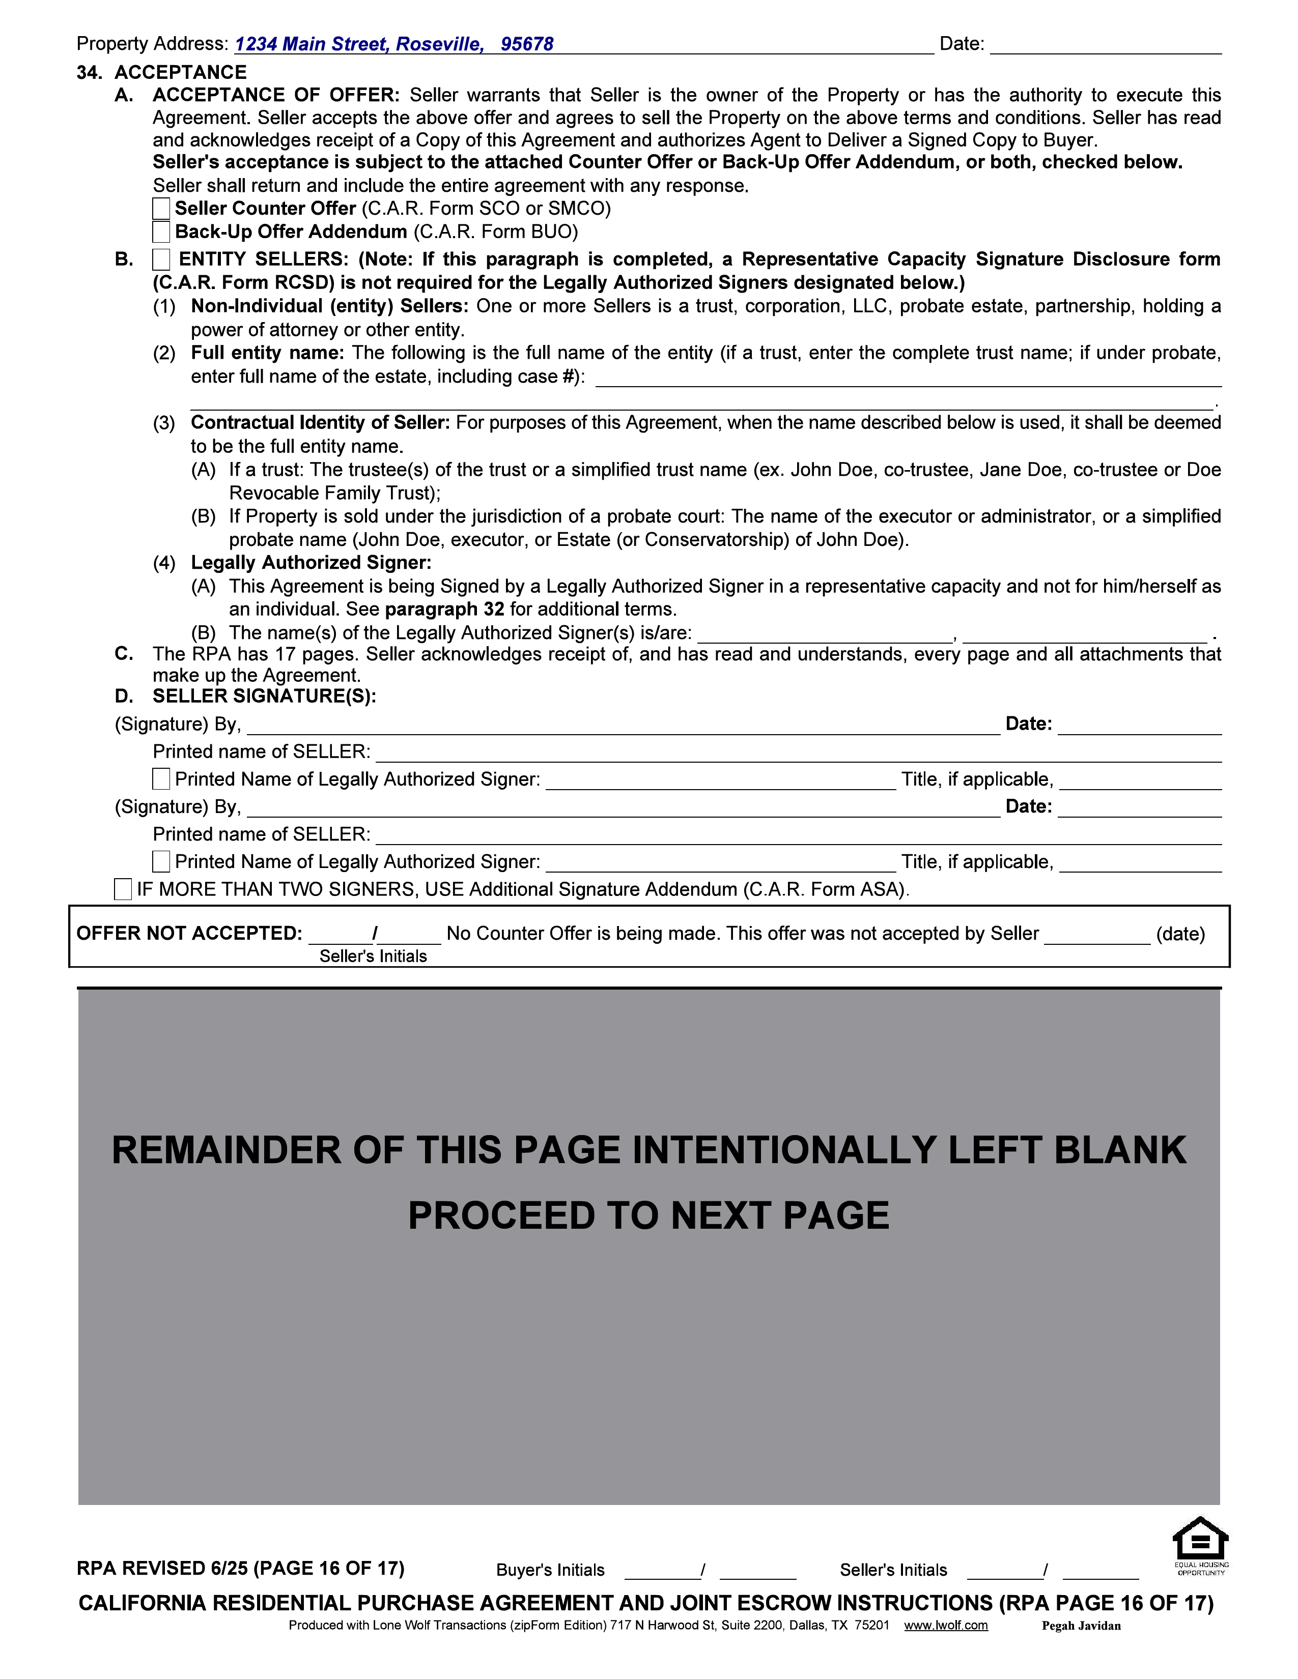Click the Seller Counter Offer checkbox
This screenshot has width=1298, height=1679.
(x=161, y=208)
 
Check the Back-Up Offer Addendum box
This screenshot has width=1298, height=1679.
(x=161, y=231)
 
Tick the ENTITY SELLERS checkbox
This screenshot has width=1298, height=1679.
(x=161, y=260)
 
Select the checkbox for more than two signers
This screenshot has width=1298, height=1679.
(x=123, y=889)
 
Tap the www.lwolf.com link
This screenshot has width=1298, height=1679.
(x=945, y=1625)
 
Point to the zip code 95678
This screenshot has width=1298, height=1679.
(x=527, y=45)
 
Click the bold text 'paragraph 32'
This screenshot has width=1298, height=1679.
(x=444, y=610)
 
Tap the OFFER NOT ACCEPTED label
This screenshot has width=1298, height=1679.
(x=189, y=933)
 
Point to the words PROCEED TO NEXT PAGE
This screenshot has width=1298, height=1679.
(x=648, y=1216)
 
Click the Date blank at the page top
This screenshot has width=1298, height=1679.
(x=1105, y=45)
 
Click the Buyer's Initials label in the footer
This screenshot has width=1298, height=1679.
(x=551, y=1570)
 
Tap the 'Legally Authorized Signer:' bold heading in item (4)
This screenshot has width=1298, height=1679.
(x=312, y=563)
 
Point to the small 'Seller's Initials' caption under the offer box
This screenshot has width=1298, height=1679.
(x=373, y=957)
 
